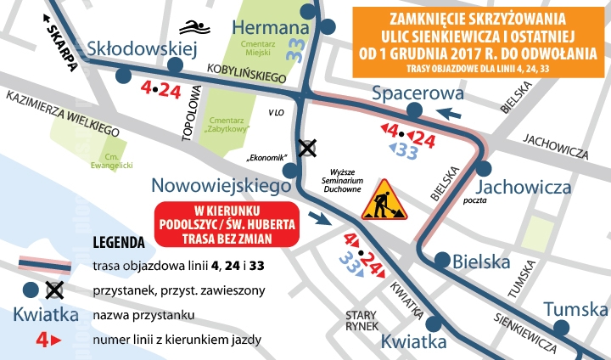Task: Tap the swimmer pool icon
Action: click(x=201, y=25)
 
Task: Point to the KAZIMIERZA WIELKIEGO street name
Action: click(x=62, y=115)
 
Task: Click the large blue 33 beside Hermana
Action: click(x=294, y=45)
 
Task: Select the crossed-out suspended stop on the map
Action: click(x=306, y=148)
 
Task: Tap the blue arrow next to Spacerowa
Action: click(x=450, y=113)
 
